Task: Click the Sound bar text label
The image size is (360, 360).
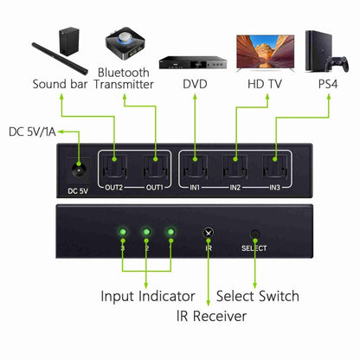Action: coord(61,84)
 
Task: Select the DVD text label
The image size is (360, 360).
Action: coord(195,84)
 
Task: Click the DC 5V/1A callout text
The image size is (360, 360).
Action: coord(32,132)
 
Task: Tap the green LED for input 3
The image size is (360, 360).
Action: coord(124,233)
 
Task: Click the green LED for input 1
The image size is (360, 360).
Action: coord(171,233)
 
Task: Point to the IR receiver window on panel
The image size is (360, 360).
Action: coord(209,233)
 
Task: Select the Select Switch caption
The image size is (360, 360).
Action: coord(256,297)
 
